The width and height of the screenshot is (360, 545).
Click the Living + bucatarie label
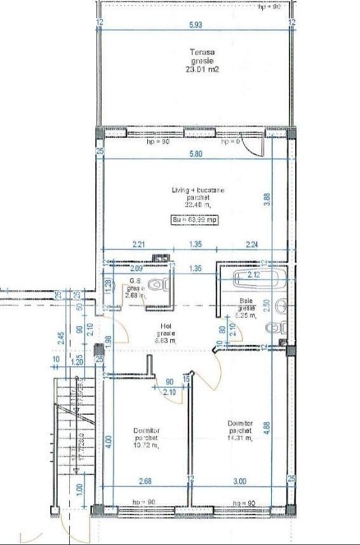click(x=197, y=198)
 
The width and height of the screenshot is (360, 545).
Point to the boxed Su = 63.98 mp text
click(x=196, y=220)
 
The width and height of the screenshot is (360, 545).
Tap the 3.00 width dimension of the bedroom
click(x=239, y=482)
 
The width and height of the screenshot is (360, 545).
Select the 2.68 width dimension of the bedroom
click(x=145, y=482)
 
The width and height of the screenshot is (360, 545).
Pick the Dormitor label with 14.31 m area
click(x=239, y=430)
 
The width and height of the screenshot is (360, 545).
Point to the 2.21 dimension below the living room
click(x=140, y=243)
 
